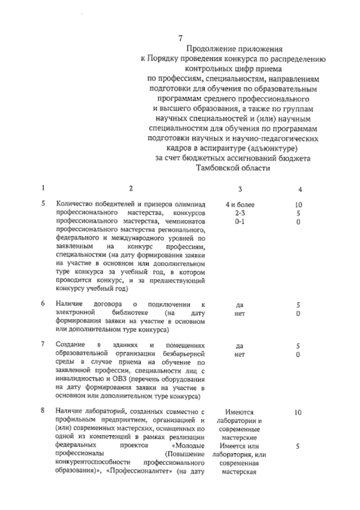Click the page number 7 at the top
(180, 38)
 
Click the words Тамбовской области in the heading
(233, 168)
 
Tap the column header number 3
(240, 189)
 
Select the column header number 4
(300, 189)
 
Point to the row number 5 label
(43, 203)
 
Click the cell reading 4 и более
(240, 205)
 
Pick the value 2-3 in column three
(240, 214)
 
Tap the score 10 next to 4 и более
(298, 205)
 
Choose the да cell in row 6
(240, 305)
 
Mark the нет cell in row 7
(240, 354)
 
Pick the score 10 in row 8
(298, 412)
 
